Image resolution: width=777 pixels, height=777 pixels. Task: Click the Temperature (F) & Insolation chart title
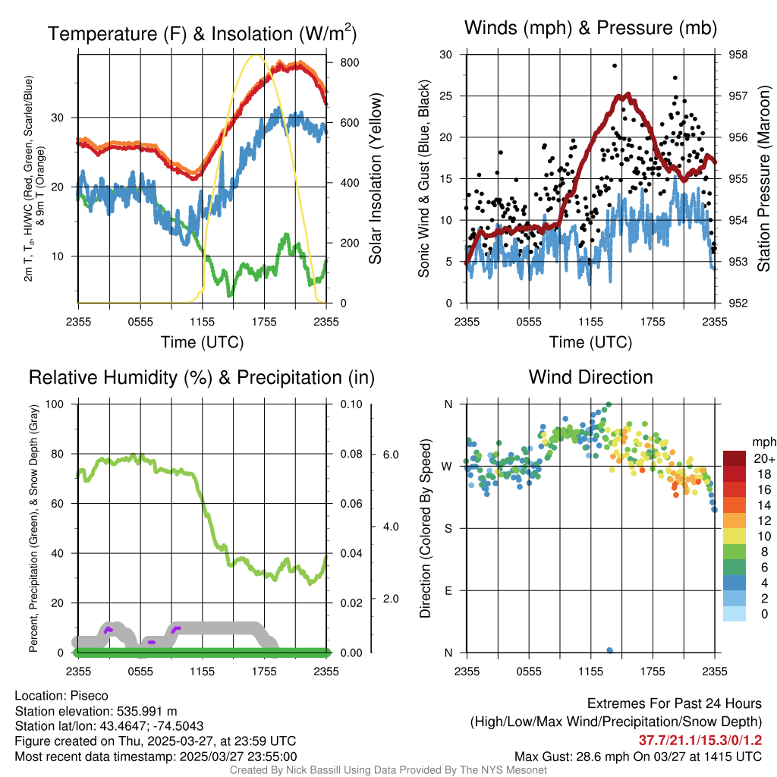click(x=202, y=33)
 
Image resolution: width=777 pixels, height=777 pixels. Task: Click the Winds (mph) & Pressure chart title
click(x=591, y=28)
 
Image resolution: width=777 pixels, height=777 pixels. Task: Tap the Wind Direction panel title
click(x=590, y=377)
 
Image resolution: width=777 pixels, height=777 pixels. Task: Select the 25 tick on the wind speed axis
click(x=446, y=96)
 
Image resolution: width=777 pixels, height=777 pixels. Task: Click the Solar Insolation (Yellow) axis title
click(x=375, y=179)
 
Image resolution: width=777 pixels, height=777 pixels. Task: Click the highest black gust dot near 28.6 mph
click(x=614, y=66)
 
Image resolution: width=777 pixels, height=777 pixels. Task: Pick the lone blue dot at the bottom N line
click(x=610, y=650)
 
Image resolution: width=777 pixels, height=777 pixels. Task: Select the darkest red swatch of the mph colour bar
click(x=735, y=458)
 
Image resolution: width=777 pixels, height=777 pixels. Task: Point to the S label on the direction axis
click(x=447, y=528)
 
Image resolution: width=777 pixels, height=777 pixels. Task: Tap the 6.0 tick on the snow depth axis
click(x=391, y=455)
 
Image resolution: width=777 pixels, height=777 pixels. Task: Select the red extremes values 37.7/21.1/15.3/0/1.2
click(x=700, y=740)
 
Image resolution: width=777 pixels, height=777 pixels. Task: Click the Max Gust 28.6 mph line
click(x=638, y=756)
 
